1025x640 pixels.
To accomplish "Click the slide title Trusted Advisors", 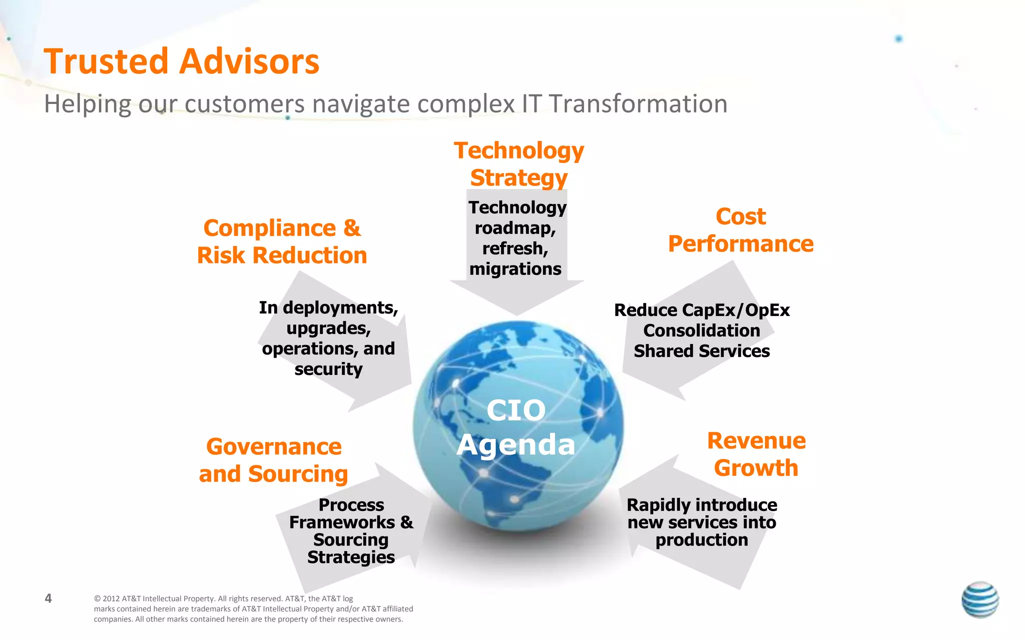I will (x=181, y=61).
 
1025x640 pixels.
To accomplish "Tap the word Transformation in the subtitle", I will (x=638, y=104).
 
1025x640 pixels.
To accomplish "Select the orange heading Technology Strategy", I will (x=519, y=164).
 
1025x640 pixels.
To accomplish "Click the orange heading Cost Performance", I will (x=741, y=230).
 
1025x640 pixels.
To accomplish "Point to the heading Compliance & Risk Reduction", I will (x=282, y=242).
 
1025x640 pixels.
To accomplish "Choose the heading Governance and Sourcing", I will (x=273, y=460).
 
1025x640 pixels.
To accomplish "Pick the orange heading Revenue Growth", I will (x=756, y=454).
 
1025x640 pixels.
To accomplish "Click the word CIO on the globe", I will (x=516, y=410).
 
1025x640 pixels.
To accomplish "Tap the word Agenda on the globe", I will (x=516, y=444).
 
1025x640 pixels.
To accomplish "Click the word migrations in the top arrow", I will (x=515, y=269).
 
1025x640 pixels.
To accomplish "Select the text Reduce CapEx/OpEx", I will (x=702, y=310).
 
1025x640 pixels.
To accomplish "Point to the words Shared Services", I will (x=702, y=351).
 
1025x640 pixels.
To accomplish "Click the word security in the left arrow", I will (x=328, y=369).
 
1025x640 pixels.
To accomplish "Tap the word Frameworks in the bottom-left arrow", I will (x=342, y=522).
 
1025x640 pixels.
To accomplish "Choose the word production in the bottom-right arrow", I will (x=702, y=540).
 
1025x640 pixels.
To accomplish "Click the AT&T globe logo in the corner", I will (x=980, y=599).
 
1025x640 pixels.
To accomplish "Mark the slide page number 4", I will (x=48, y=598).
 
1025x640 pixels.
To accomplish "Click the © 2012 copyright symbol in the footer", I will (x=97, y=599).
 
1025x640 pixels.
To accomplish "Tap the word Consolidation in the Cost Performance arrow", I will (x=702, y=331).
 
